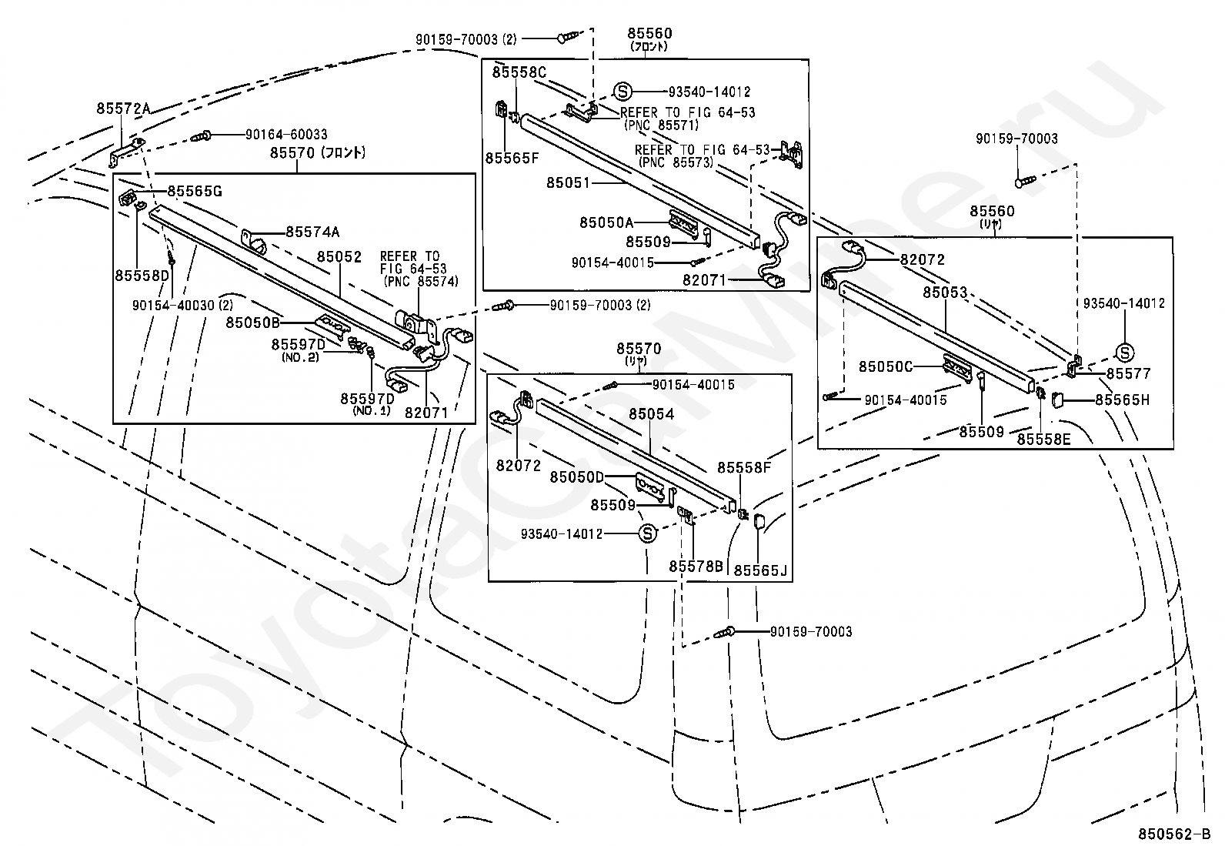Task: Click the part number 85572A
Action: (x=123, y=109)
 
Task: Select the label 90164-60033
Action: (x=286, y=134)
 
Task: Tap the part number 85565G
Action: (x=195, y=191)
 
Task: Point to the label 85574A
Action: (x=312, y=232)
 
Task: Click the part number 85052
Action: (x=339, y=256)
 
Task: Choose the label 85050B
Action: (x=252, y=323)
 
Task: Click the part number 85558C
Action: (x=519, y=72)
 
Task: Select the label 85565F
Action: (x=512, y=158)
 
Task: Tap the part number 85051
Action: (x=568, y=182)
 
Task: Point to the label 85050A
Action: (x=606, y=222)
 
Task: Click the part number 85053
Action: (x=945, y=293)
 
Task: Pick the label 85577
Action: (x=1128, y=373)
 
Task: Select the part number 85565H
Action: (x=1122, y=400)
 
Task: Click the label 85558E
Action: (x=1043, y=440)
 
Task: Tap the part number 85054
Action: (x=651, y=414)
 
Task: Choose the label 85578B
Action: (x=696, y=567)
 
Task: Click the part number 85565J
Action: (x=760, y=570)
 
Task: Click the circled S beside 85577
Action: (x=1124, y=353)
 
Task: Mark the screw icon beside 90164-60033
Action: (x=201, y=135)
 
